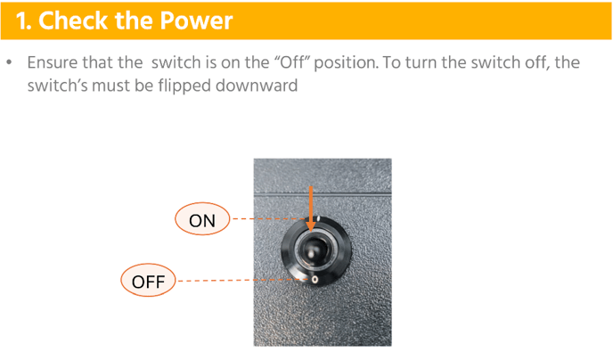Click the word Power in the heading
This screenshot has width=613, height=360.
coord(196,20)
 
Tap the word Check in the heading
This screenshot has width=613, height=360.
coord(74,20)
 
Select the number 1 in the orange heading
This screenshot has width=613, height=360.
coord(22,20)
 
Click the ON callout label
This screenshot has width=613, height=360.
coord(202,219)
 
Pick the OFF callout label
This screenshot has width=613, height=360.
coord(148,281)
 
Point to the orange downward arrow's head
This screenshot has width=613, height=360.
coord(311,226)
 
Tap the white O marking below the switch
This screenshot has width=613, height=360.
coord(315,279)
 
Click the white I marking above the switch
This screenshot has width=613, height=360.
coord(319,218)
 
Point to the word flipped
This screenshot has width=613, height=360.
coord(184,86)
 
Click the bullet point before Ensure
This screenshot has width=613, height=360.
coord(9,62)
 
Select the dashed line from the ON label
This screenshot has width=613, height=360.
coord(269,219)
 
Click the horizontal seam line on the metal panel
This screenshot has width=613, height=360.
coord(323,193)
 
